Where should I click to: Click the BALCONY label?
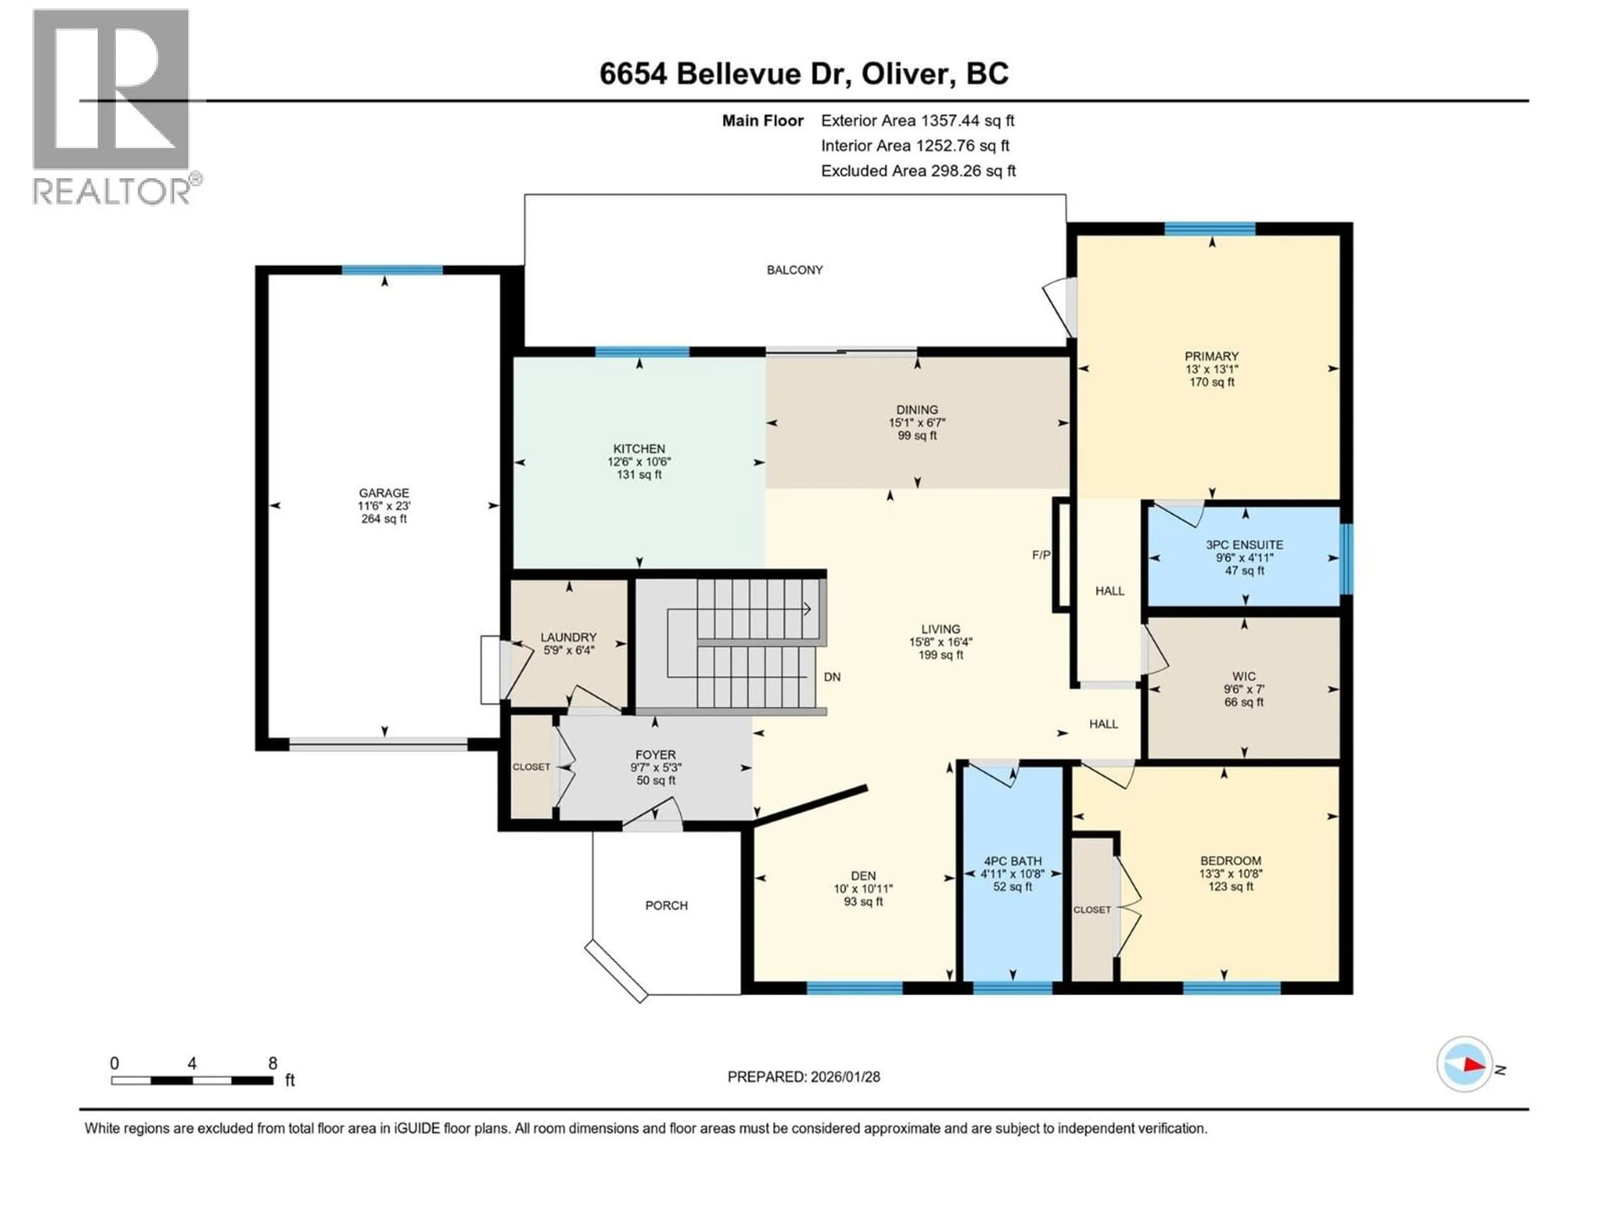[794, 270]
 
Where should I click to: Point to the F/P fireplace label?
[1041, 555]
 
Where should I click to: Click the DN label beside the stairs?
[832, 676]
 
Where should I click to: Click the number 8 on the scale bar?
[273, 1063]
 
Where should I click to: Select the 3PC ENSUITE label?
[1244, 545]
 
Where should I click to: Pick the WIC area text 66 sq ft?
[1244, 702]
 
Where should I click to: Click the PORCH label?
[666, 905]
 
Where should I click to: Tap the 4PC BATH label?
[1012, 861]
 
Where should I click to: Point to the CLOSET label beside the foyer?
[531, 767]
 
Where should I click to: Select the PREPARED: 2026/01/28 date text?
[804, 1077]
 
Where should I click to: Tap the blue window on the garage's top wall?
[392, 271]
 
